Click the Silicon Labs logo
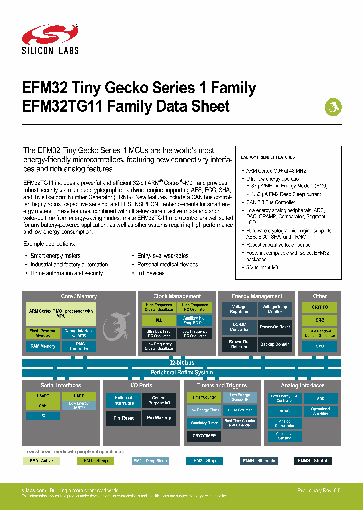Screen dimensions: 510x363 pyautogui.click(x=50, y=39)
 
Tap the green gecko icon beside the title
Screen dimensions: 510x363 pyautogui.click(x=332, y=106)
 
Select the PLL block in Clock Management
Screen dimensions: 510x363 pyautogui.click(x=159, y=320)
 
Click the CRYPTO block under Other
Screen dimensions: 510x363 pyautogui.click(x=320, y=307)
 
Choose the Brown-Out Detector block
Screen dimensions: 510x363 pyautogui.click(x=239, y=344)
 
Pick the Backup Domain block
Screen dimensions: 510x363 pyautogui.click(x=275, y=344)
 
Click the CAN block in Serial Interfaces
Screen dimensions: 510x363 pyautogui.click(x=43, y=406)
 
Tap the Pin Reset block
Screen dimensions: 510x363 pyautogui.click(x=124, y=418)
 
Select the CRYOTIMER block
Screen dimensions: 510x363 pyautogui.click(x=204, y=436)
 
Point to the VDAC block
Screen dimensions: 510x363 pyautogui.click(x=285, y=411)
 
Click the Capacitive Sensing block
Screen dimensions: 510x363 pyautogui.click(x=285, y=436)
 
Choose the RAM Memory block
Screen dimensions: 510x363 pyautogui.click(x=43, y=346)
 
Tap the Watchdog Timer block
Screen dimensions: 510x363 pyautogui.click(x=204, y=423)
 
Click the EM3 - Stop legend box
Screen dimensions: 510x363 pyautogui.click(x=204, y=461)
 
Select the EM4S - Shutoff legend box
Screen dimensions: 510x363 pyautogui.click(x=313, y=461)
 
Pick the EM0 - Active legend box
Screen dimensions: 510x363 pyautogui.click(x=41, y=461)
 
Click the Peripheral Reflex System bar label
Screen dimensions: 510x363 pyautogui.click(x=181, y=373)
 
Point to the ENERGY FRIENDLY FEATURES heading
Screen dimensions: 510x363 pyautogui.click(x=268, y=157)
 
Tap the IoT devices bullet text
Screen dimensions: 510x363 pyautogui.click(x=151, y=273)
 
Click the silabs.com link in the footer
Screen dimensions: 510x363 pyautogui.click(x=34, y=490)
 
